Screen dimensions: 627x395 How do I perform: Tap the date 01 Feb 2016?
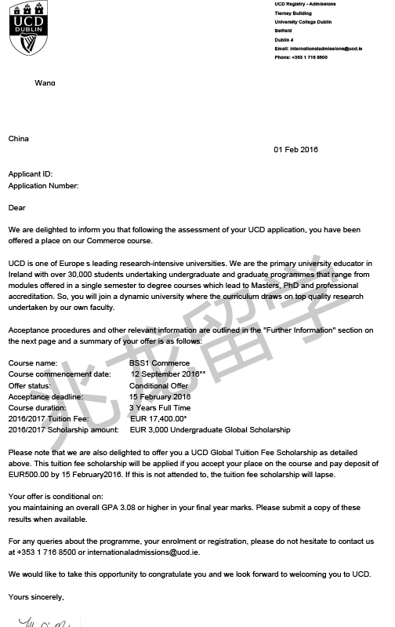(x=296, y=150)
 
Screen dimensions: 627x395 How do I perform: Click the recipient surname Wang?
(x=45, y=82)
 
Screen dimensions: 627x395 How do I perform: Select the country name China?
(x=19, y=139)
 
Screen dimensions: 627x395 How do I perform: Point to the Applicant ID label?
(x=31, y=173)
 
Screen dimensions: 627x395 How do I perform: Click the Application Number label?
(x=43, y=186)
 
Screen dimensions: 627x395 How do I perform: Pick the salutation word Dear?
(x=17, y=208)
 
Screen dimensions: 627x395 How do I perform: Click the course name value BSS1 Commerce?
(x=159, y=363)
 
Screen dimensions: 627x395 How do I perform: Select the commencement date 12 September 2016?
(x=168, y=374)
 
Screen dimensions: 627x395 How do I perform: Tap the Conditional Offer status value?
(x=158, y=385)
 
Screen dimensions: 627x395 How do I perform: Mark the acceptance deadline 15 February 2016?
(x=160, y=396)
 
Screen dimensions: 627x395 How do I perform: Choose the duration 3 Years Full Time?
(x=160, y=408)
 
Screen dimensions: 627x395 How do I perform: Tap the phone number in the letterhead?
(x=300, y=57)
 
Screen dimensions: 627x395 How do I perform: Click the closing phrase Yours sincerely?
(x=36, y=597)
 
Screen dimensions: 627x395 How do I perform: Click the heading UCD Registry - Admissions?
(x=305, y=4)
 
